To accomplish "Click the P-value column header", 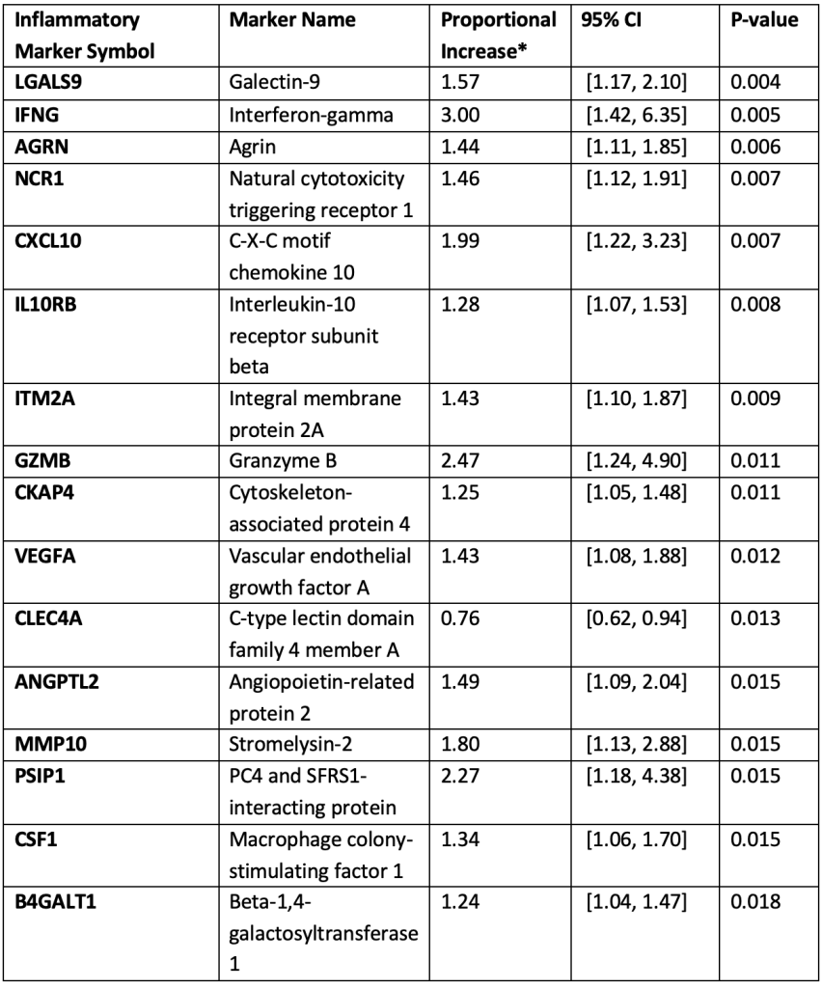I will (766, 19).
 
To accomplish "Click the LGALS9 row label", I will (46, 82).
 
